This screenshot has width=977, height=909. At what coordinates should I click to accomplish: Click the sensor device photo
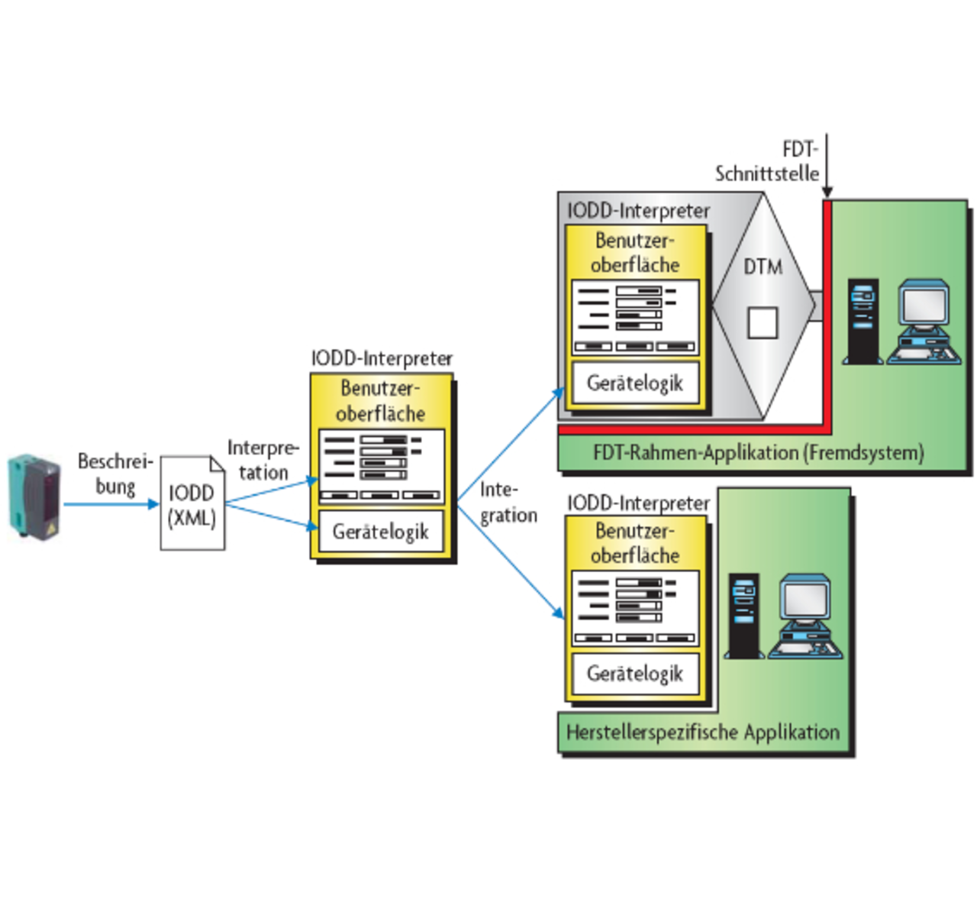[x=34, y=497]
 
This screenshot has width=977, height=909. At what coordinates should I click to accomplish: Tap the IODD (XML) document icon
[x=192, y=504]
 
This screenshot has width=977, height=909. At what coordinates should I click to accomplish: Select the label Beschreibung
[x=115, y=474]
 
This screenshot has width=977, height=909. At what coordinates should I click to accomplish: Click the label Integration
[x=508, y=503]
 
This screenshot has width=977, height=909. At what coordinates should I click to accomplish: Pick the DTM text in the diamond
[x=763, y=267]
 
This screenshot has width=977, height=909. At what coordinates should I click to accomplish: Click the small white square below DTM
[x=762, y=322]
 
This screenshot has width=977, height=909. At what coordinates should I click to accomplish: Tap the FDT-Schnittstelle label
[x=767, y=161]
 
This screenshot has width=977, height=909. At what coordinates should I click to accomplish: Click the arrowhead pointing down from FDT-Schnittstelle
[x=827, y=191]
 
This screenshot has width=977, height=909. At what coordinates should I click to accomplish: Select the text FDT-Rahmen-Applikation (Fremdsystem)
[x=758, y=453]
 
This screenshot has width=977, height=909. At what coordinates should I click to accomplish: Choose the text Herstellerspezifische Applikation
[x=702, y=732]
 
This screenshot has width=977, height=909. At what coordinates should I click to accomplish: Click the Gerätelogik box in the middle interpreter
[x=380, y=532]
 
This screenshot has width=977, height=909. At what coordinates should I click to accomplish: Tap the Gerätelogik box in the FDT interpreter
[x=635, y=383]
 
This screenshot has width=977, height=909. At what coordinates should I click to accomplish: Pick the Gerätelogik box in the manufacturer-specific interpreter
[x=635, y=673]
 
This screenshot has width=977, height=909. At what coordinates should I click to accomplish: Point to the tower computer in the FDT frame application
[x=863, y=321]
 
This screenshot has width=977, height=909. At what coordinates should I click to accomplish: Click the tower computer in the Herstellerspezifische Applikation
[x=743, y=616]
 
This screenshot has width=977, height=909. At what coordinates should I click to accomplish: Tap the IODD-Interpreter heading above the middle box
[x=382, y=358]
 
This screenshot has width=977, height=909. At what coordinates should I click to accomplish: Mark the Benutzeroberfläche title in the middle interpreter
[x=380, y=400]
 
